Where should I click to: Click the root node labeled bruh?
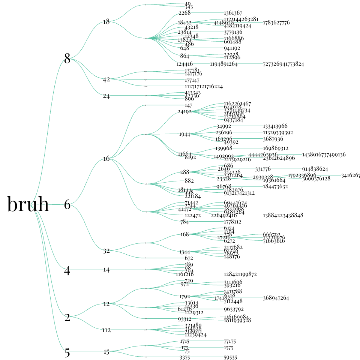tap(28, 205)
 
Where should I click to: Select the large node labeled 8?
tap(67, 58)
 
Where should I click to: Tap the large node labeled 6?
tap(67, 205)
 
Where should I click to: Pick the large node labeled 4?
tap(67, 271)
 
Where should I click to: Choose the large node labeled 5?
tap(67, 353)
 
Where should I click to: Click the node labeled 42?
tap(106, 79)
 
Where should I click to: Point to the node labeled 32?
tap(106, 251)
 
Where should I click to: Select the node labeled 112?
tap(106, 330)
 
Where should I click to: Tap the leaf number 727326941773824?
tap(283, 64)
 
